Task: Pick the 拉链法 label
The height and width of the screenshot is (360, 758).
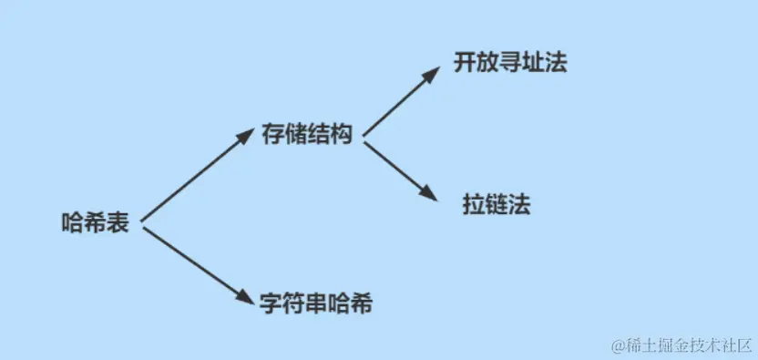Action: coord(497,205)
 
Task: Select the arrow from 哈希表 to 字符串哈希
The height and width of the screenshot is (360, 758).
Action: coord(195,263)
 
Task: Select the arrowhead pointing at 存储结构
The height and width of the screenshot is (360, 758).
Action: coord(244,136)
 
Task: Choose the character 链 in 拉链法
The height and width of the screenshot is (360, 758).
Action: coord(497,205)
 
